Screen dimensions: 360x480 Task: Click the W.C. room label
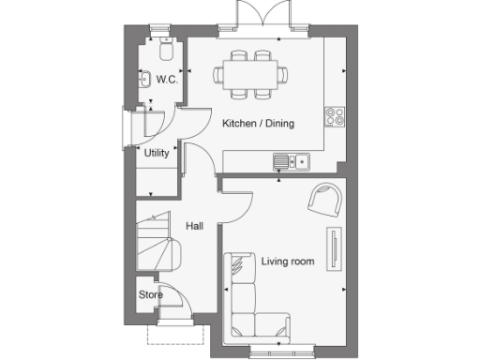coord(167,79)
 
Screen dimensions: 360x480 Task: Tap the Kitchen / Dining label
coord(255,124)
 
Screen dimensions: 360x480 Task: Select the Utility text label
coord(157,153)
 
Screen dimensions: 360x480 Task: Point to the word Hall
coord(194,226)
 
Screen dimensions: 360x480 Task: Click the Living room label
coord(288,261)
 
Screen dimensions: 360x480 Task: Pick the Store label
coord(151,294)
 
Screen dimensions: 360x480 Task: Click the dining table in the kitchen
coord(252,72)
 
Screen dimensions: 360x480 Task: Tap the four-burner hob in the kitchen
coord(334,117)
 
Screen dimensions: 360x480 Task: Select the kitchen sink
coord(291,161)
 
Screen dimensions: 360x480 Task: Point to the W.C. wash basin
coord(145,80)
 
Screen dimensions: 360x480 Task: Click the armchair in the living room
coord(325,198)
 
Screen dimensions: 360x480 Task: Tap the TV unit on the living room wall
coord(333,248)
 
